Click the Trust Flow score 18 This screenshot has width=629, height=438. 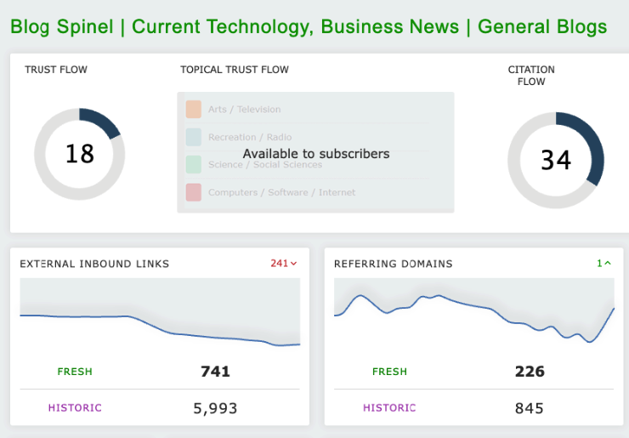pos(80,154)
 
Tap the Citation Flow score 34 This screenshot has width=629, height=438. pos(556,160)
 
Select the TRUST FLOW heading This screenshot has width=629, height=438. pos(56,70)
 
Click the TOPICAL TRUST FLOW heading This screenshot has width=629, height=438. pos(235,70)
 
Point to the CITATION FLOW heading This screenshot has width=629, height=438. pos(531,76)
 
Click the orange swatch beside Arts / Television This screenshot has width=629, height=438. pos(193,109)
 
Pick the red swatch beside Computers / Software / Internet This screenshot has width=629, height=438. pos(193,192)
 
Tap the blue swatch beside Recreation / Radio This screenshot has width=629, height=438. pos(193,137)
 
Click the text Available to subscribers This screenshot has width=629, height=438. pos(316,154)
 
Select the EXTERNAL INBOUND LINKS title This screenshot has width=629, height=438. pos(94,264)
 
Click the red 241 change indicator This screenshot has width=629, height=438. pos(283,264)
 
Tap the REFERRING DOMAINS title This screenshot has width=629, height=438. pos(394,264)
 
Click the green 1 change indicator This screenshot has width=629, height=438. pos(603,264)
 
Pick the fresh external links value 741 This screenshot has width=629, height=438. pos(215,371)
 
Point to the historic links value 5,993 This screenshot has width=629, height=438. pos(215,408)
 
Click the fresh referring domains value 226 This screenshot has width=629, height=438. pos(530,371)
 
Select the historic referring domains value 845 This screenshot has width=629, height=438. pos(530,408)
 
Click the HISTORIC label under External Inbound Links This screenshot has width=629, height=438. pos(75,408)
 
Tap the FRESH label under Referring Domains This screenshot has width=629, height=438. pos(389,372)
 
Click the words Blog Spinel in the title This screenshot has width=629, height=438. pos(62,26)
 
